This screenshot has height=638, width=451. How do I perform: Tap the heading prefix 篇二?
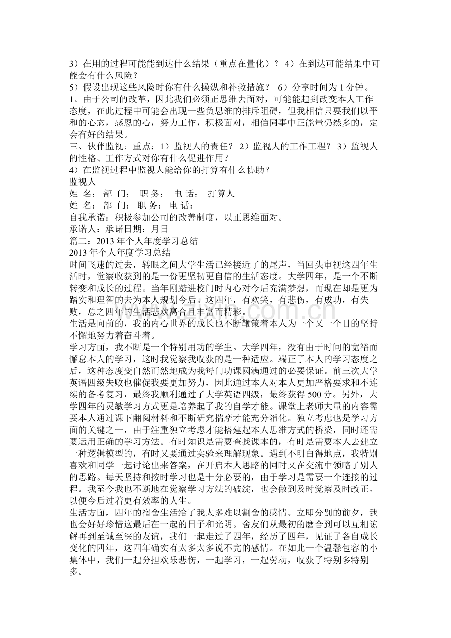[x=78, y=241]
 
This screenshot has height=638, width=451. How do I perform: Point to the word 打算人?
[x=221, y=194]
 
